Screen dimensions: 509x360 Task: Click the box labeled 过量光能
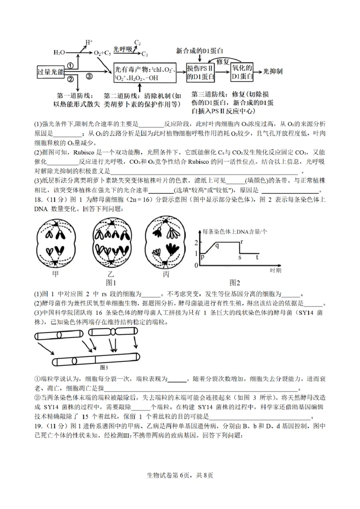(x=50, y=72)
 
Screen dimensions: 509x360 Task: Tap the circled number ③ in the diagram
(x=89, y=77)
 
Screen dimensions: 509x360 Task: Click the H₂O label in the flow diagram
(x=59, y=53)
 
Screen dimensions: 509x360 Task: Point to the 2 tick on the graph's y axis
(x=196, y=243)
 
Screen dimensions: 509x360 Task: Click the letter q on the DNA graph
(x=217, y=245)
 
